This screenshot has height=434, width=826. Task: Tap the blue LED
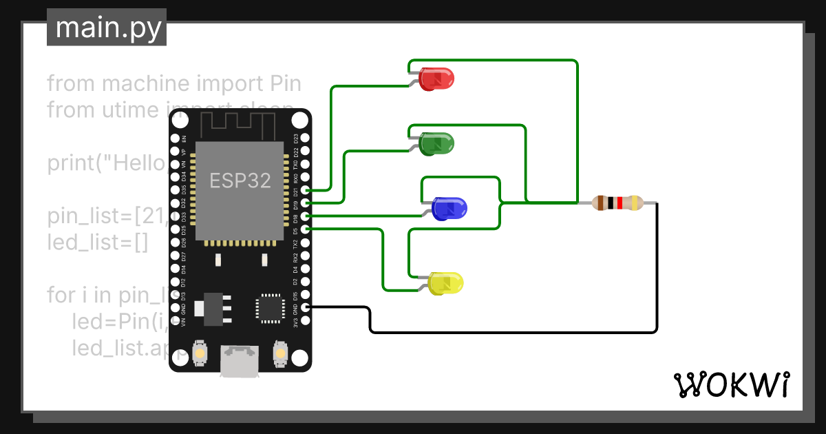pos(449,207)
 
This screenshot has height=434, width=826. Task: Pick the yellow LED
pos(446,283)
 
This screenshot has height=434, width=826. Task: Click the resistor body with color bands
pos(618,203)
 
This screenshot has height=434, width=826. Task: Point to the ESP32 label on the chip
pos(240,180)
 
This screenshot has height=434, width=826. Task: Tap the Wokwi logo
pos(732,384)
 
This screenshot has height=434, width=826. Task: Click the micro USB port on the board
pos(239,361)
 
